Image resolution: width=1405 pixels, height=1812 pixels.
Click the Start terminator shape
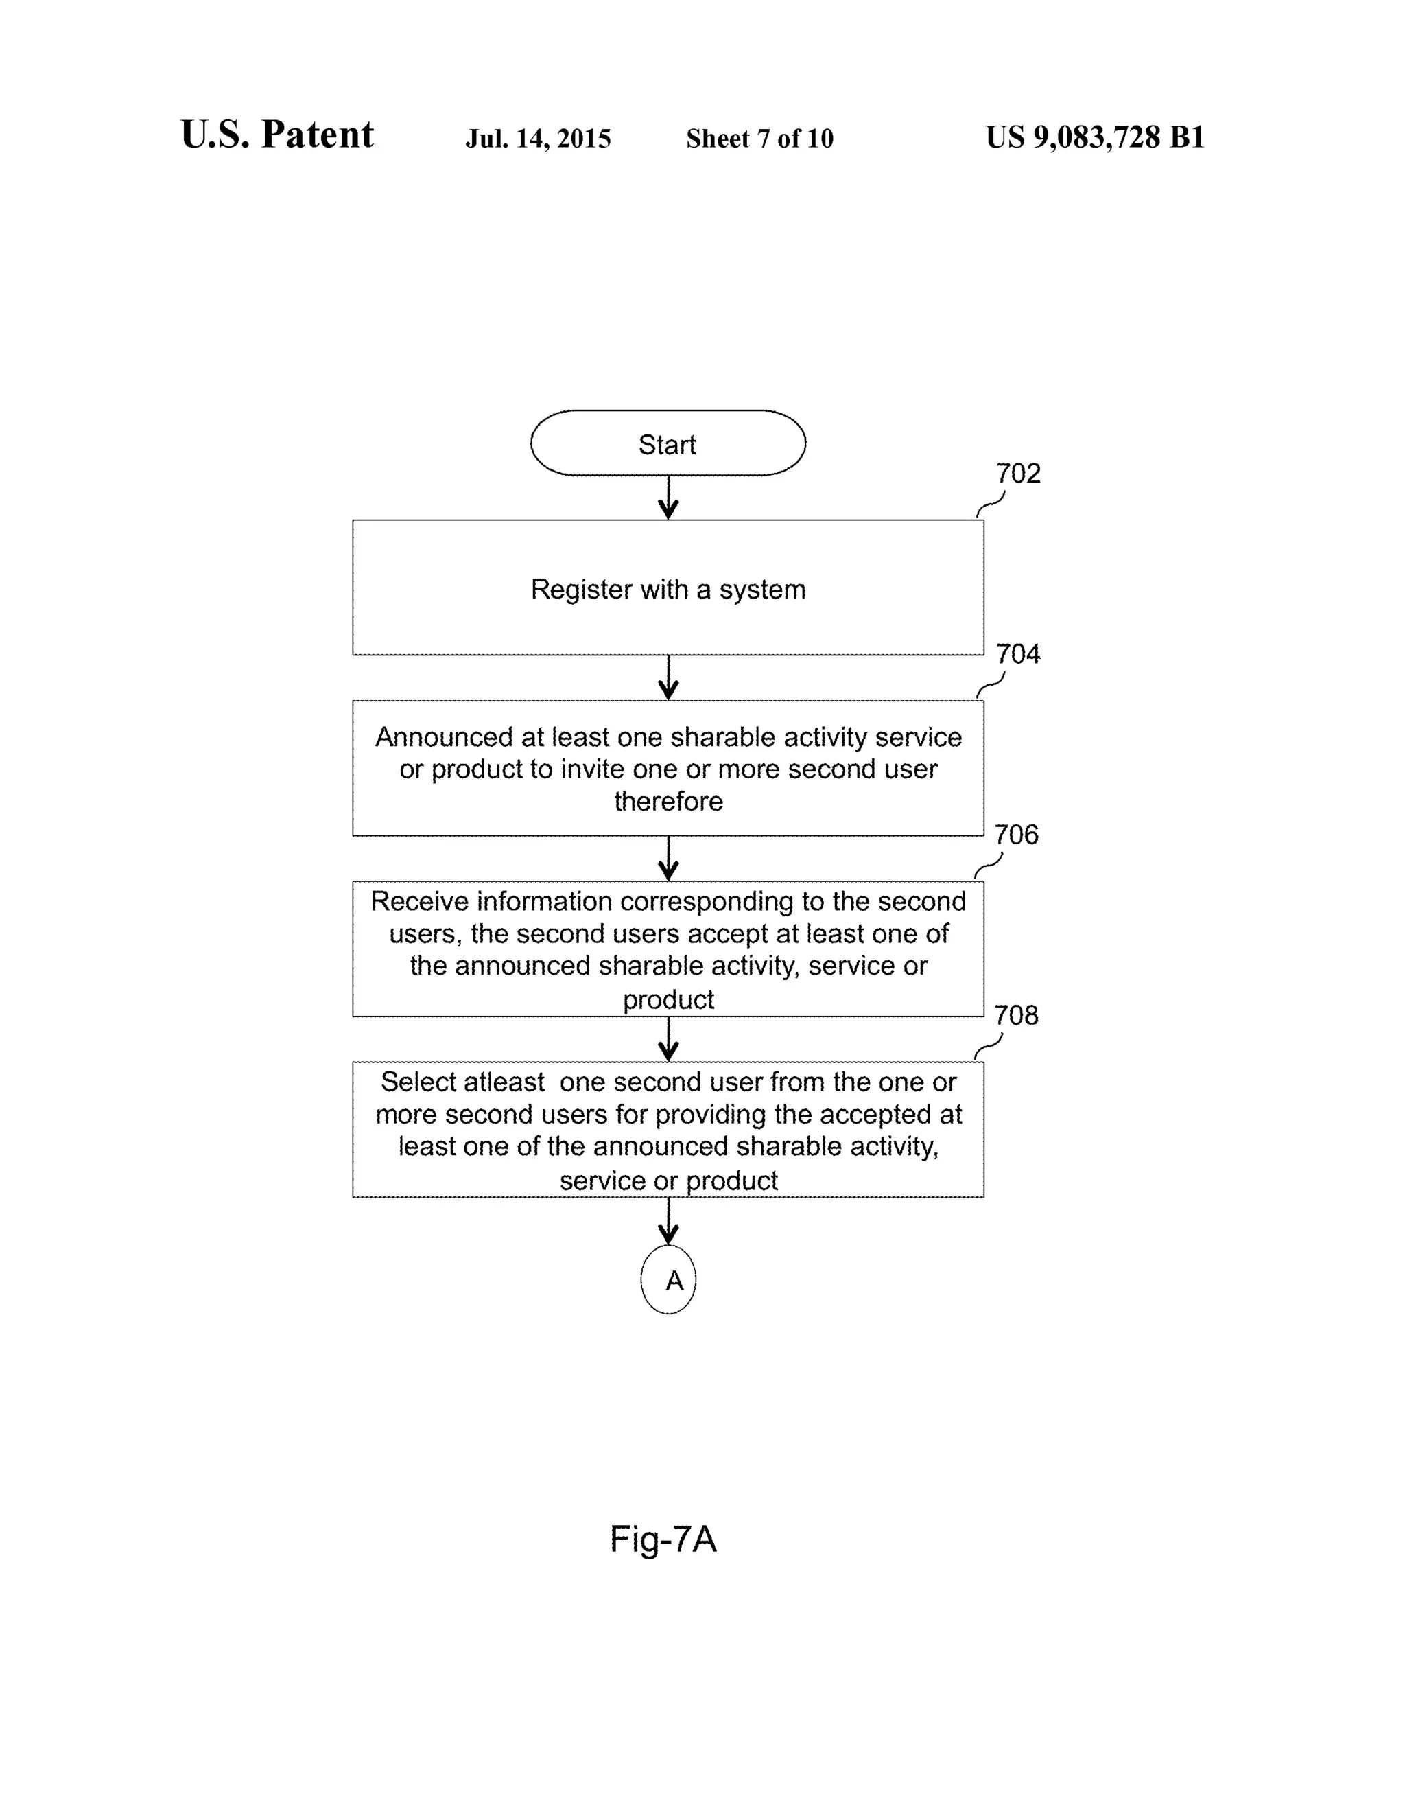click(x=668, y=443)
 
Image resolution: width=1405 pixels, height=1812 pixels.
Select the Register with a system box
click(x=668, y=588)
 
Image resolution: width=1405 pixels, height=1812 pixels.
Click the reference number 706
click(x=1016, y=835)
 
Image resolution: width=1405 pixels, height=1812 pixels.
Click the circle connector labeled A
click(x=668, y=1280)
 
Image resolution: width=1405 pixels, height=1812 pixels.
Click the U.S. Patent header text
click(x=277, y=135)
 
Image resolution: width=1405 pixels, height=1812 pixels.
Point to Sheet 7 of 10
click(x=759, y=139)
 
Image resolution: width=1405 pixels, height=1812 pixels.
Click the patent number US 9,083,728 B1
click(x=1095, y=137)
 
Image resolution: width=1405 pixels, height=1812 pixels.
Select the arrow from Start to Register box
click(x=668, y=498)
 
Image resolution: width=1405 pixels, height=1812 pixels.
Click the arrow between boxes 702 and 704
click(x=668, y=678)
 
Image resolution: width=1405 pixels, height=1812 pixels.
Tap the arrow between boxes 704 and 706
click(x=668, y=859)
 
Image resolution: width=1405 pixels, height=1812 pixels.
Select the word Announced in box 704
click(x=444, y=736)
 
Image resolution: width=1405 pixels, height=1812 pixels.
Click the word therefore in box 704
click(x=668, y=802)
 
